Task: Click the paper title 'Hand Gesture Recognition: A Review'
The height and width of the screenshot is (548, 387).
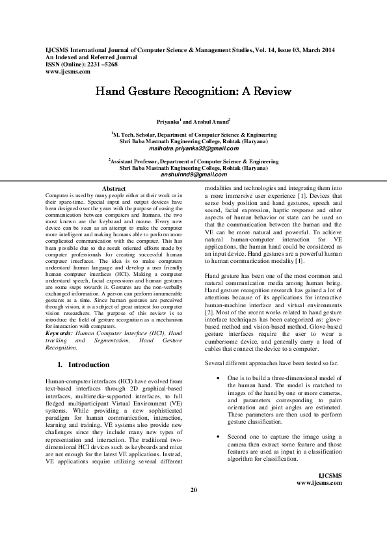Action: tap(193, 92)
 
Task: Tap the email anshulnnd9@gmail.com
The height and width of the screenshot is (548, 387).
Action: tap(193, 175)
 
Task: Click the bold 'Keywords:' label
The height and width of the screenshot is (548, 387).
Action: tap(59, 333)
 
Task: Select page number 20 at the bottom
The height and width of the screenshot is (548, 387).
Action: tap(193, 508)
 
